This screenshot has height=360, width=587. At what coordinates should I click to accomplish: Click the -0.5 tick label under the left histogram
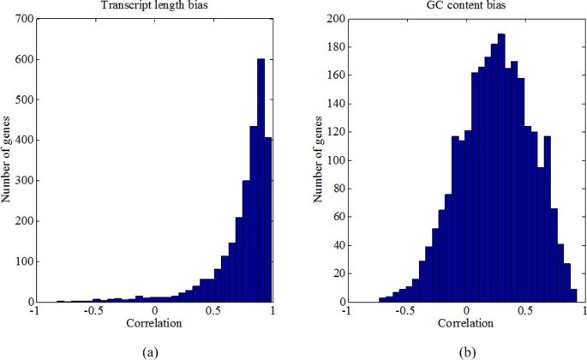[93, 313]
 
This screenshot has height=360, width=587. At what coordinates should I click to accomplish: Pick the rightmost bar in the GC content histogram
[573, 296]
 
